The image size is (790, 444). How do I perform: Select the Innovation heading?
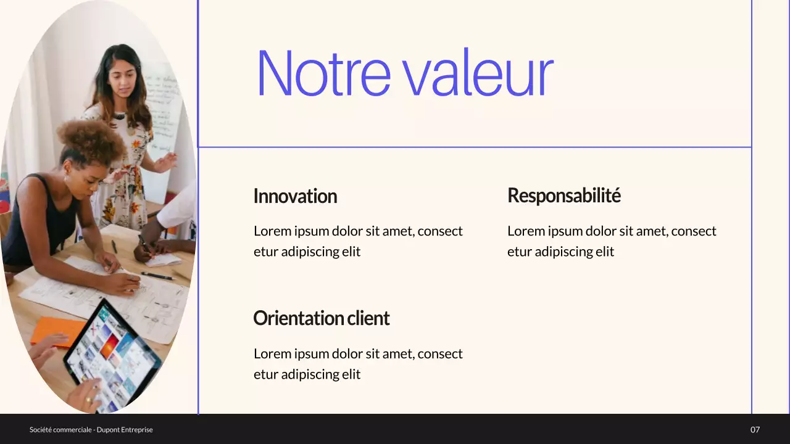tap(295, 196)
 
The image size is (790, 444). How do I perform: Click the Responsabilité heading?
tap(563, 195)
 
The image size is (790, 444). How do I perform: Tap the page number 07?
tap(755, 430)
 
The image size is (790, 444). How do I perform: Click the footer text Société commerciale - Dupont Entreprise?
tap(91, 430)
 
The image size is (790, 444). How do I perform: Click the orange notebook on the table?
tap(56, 330)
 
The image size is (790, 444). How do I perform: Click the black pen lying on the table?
tap(157, 276)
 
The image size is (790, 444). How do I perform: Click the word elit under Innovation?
tap(349, 252)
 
